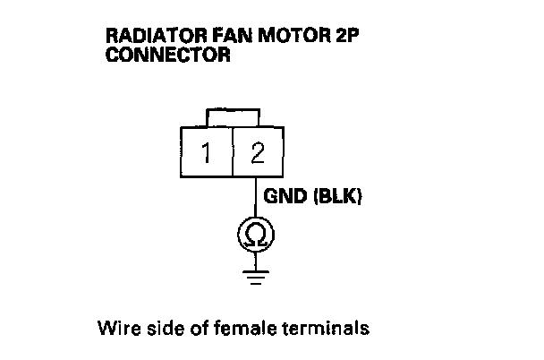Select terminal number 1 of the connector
[207, 153]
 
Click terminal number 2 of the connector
[258, 153]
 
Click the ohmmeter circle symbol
[256, 235]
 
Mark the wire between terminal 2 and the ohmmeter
[256, 199]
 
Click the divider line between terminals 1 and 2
[232, 153]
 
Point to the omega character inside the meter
[256, 236]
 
